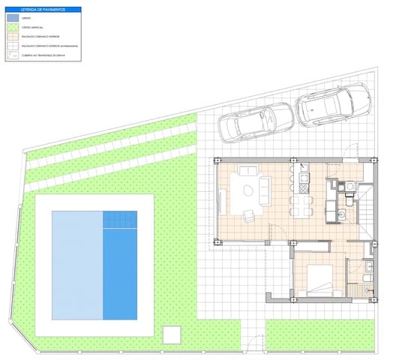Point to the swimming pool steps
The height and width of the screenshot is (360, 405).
coord(120,220)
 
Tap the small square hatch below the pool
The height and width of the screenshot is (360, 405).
coord(172,332)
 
